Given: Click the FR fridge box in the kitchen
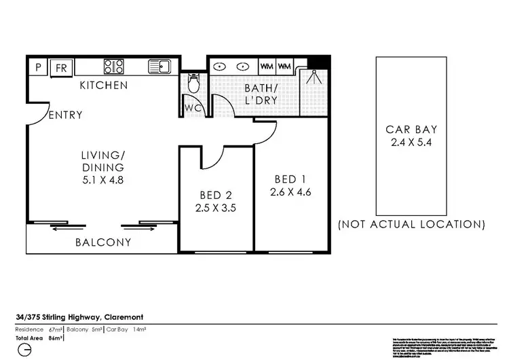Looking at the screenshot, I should click(x=61, y=67).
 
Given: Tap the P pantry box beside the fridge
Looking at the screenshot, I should click(x=38, y=67).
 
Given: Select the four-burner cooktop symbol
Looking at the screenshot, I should click(x=113, y=67).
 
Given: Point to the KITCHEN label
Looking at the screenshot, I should click(x=104, y=86).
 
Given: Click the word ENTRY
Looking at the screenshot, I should click(x=65, y=115).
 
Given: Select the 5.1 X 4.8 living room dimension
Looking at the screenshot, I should click(x=103, y=181).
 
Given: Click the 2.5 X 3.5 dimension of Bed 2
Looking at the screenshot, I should click(x=216, y=208).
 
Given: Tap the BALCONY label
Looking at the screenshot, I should click(x=103, y=242).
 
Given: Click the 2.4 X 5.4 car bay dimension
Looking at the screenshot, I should click(x=411, y=143).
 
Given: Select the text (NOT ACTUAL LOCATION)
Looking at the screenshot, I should click(x=411, y=224).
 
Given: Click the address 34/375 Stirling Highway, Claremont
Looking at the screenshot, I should click(x=79, y=317).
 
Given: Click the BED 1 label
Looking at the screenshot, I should click(x=289, y=179).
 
